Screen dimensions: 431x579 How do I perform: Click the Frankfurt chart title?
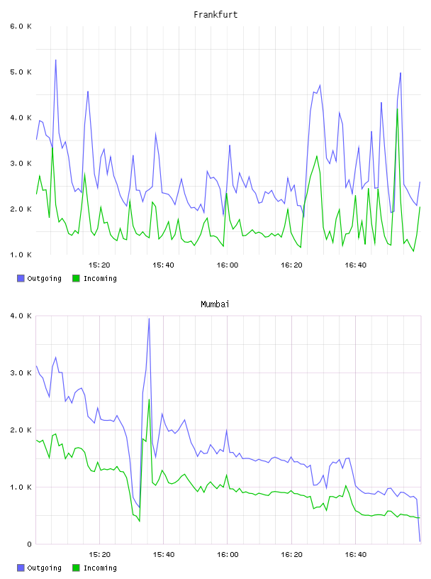(216, 15)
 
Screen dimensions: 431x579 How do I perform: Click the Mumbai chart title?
(215, 304)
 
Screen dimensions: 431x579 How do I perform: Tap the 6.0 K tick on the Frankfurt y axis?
(21, 26)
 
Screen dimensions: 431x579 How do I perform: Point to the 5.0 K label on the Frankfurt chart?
(21, 72)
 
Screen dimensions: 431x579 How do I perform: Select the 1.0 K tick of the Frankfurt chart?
(21, 255)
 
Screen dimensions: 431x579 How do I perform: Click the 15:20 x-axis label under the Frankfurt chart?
(99, 265)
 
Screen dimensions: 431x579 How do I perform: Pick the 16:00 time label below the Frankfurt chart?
(228, 265)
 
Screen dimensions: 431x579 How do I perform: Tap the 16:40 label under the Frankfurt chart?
(355, 265)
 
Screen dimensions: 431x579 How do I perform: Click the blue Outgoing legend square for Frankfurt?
(21, 278)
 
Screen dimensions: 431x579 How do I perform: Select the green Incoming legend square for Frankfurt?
(76, 278)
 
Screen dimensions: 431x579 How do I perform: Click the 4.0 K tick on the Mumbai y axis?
(21, 316)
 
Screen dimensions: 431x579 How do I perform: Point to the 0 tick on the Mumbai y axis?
(29, 544)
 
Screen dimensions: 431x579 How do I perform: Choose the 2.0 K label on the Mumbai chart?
(21, 430)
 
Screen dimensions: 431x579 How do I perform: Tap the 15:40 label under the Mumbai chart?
(164, 555)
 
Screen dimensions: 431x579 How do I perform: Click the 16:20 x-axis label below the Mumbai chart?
(291, 555)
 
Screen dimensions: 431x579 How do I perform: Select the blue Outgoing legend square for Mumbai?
(21, 568)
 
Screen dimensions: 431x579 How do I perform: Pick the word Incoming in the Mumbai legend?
(100, 568)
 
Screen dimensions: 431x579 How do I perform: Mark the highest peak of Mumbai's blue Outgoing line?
(149, 319)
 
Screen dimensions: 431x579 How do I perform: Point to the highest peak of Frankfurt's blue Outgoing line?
(56, 60)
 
